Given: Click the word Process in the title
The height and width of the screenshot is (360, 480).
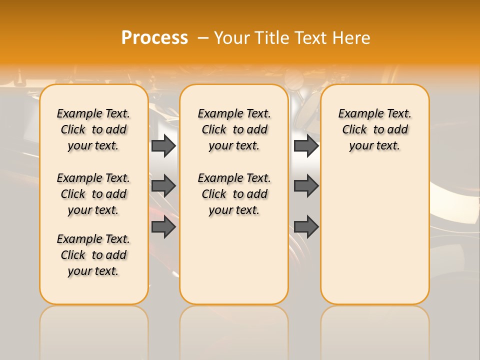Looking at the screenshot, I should coord(154,38).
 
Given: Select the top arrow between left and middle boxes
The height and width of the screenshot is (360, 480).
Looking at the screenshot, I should coord(163,145).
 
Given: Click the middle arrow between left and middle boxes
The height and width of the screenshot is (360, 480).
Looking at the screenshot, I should coord(163,186).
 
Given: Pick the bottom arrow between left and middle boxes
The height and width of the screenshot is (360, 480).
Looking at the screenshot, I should coord(163,227).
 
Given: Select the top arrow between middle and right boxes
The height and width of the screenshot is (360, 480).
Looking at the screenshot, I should coord(306,145).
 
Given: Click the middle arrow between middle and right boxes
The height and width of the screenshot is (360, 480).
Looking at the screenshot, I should coord(306,186).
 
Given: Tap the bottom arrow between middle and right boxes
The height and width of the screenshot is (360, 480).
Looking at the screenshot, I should coord(306,227).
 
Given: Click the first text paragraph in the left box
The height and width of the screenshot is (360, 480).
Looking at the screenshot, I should coord(93,129).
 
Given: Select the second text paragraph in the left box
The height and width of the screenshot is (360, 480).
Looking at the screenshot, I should coord(93,194).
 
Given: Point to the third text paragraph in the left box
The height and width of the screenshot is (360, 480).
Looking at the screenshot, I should coord(93,255).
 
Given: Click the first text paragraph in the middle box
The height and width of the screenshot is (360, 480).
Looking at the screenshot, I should coord(234,129).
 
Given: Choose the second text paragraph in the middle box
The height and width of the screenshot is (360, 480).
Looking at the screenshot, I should coord(234,194).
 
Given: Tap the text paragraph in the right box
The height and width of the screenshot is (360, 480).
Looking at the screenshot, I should coord(374,129).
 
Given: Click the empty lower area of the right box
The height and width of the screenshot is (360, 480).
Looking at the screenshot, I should coord(374,240).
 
